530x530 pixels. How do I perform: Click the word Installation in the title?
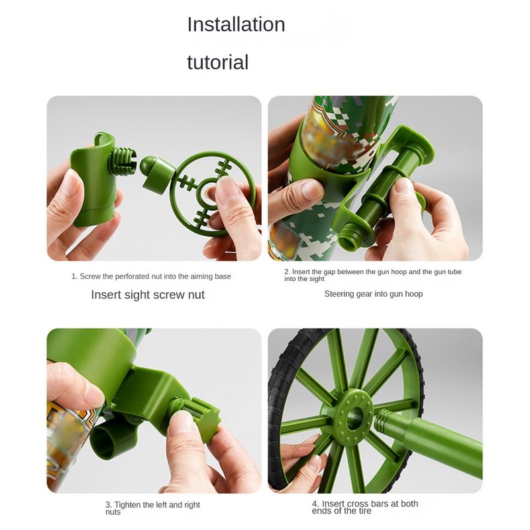coord(236,25)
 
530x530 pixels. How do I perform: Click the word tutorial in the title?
coord(217,62)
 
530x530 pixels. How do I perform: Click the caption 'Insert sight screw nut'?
coord(148,295)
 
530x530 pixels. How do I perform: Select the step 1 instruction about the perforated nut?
coord(151,276)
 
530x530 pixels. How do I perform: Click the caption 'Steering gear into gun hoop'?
coord(373,293)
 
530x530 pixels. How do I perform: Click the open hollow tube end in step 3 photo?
coord(107,441)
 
